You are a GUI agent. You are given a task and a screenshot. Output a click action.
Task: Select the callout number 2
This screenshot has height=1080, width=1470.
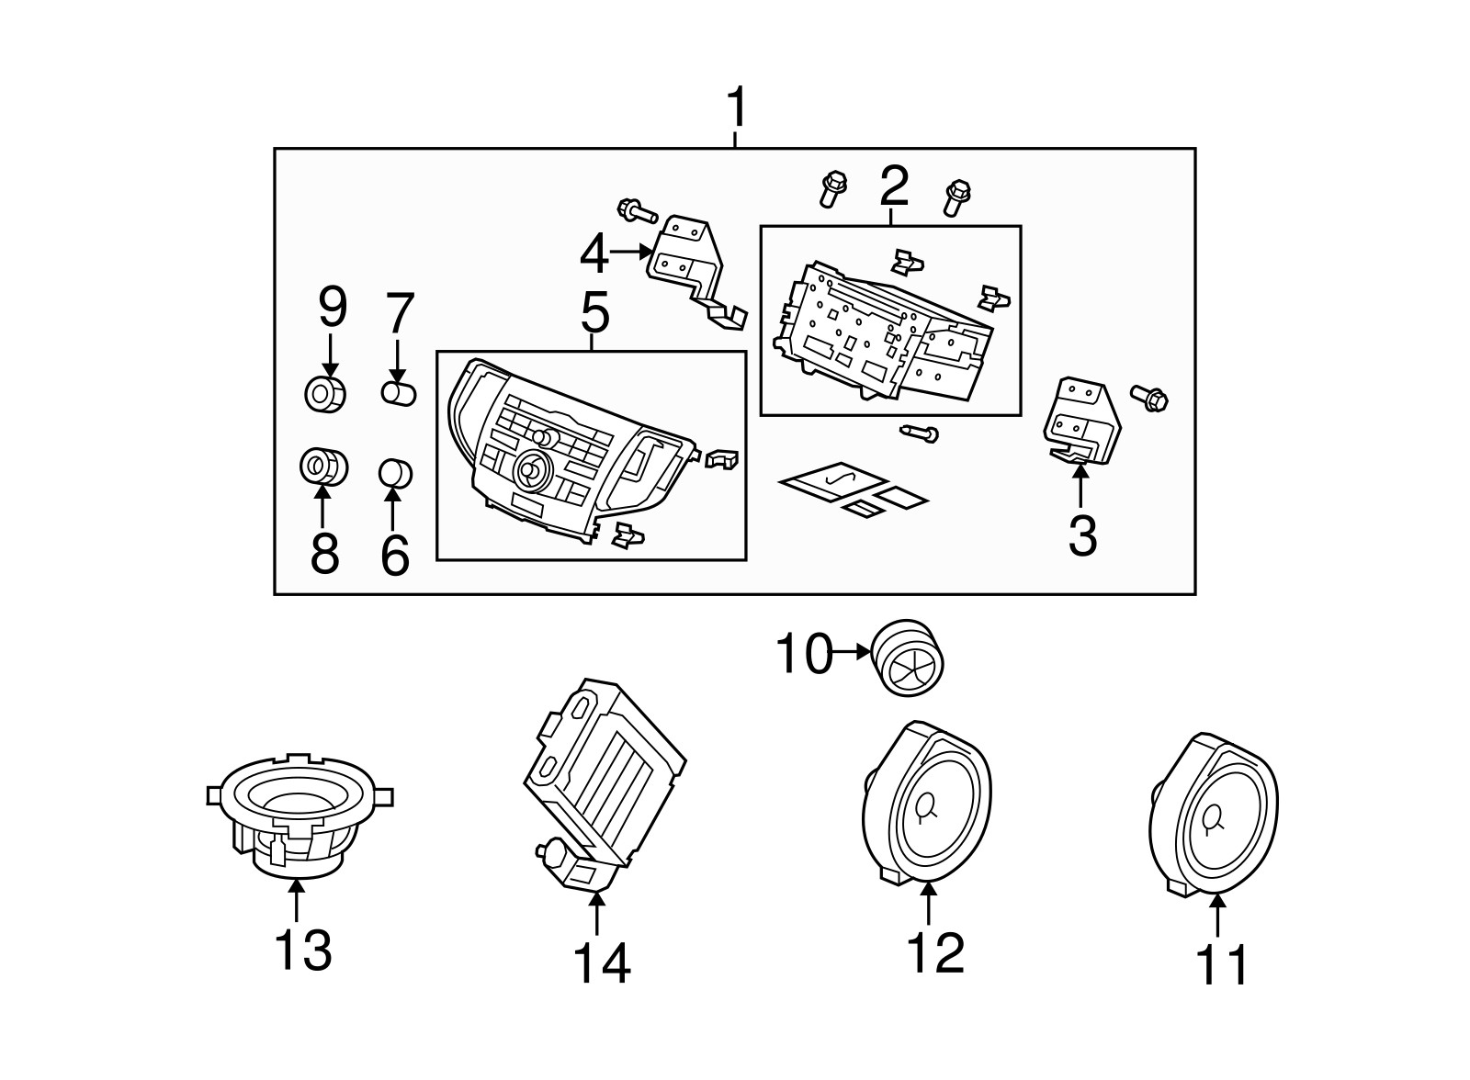click(893, 186)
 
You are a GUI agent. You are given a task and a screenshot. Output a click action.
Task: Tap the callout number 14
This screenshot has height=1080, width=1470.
click(602, 962)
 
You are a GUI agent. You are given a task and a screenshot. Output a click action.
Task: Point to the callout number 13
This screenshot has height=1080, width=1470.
click(303, 950)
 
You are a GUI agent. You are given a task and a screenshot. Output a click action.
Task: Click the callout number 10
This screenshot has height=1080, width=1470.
click(805, 654)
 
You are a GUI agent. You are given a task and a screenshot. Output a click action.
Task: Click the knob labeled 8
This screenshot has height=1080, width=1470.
click(322, 467)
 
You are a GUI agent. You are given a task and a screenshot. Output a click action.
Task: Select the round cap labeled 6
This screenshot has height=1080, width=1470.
click(396, 474)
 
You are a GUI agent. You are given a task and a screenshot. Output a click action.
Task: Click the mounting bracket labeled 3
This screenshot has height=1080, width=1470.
click(1084, 420)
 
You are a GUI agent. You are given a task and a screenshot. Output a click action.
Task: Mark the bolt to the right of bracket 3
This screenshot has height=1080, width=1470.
click(1149, 398)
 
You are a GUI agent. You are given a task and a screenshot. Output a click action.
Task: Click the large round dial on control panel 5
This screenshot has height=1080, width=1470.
click(531, 471)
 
